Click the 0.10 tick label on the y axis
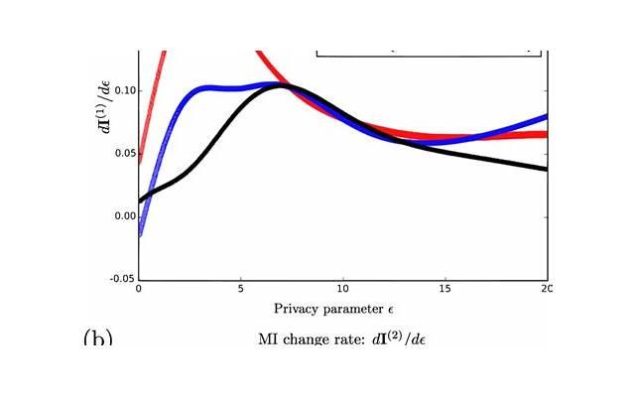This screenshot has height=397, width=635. pos(122,90)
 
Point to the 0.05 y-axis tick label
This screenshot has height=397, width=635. pos(122,153)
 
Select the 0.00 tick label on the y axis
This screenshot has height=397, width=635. pos(122,215)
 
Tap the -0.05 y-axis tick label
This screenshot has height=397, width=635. pos(120,279)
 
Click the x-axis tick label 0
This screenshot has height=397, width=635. pos(138,289)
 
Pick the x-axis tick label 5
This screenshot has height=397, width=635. pos(240,289)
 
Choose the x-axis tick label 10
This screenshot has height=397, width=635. pos(342,289)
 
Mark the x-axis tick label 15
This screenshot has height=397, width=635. pos(444,289)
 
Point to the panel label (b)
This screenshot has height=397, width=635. pos(97,339)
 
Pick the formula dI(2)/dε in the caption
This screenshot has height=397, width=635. pos(405,339)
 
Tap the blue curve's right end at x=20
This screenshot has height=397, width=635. pos(545,117)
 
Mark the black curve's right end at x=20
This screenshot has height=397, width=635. pos(545,168)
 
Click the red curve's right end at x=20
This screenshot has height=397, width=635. pos(545,134)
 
